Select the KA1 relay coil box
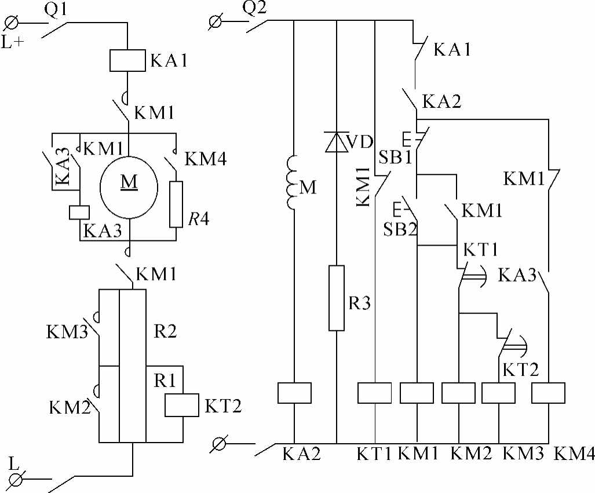click(127, 60)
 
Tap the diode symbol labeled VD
click(337, 141)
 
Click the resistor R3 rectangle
click(337, 298)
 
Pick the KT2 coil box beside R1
click(182, 405)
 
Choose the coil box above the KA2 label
click(294, 393)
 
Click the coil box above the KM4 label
click(548, 393)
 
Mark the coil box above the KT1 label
click(375, 393)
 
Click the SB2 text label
click(400, 229)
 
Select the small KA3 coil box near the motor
click(79, 212)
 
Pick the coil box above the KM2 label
click(458, 393)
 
